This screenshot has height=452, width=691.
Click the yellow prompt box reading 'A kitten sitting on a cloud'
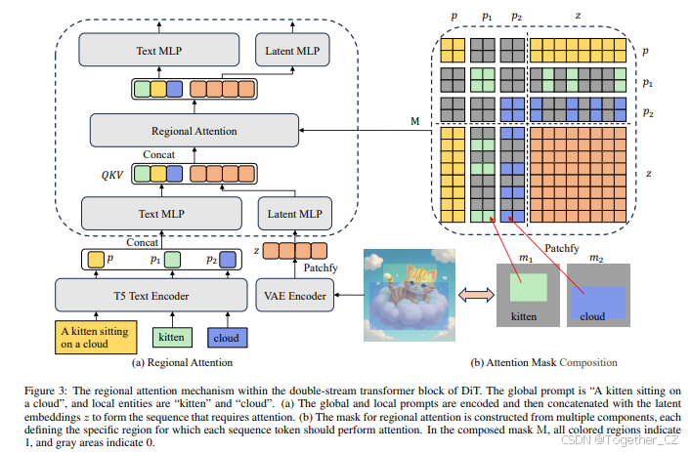coord(94,339)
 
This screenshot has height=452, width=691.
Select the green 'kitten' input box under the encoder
coord(172,339)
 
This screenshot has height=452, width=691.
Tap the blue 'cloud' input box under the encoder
coord(227,339)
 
